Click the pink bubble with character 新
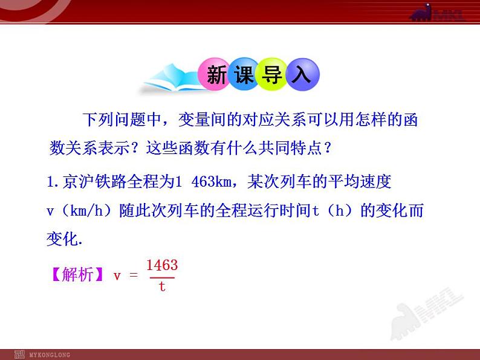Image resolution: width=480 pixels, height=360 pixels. click(216, 75)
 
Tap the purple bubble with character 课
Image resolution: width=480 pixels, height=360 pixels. click(243, 75)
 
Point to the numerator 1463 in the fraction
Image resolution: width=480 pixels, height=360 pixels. click(162, 266)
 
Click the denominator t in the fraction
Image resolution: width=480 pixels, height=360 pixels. click(162, 286)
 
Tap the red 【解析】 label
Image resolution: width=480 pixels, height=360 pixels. click(75, 275)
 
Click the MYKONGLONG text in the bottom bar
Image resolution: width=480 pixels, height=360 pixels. click(50, 355)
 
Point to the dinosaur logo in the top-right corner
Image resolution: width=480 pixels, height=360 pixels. click(436, 13)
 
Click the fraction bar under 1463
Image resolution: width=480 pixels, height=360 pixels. click(162, 277)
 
